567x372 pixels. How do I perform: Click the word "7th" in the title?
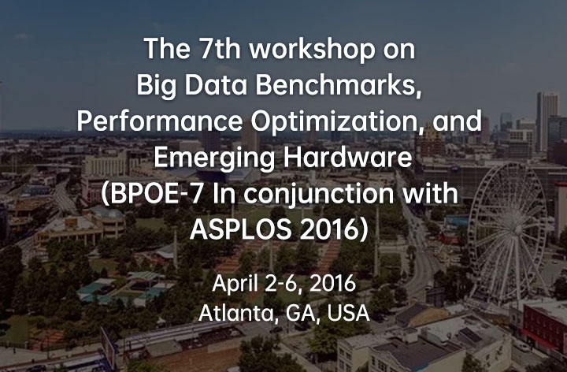[x=220, y=49]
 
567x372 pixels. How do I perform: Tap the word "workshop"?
[x=313, y=50]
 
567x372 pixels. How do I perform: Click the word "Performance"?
[x=159, y=121]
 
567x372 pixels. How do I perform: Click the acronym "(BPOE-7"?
[x=152, y=194]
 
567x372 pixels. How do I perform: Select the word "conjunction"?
[x=318, y=195]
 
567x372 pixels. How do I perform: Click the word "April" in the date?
[x=235, y=284]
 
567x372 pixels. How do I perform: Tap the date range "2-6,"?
[x=283, y=284]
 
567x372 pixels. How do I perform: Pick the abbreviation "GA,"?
[x=303, y=314]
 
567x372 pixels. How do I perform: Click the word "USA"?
[x=349, y=313]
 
